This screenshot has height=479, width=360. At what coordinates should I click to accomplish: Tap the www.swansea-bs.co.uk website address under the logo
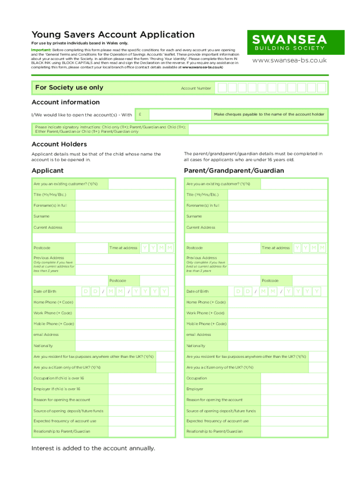pyautogui.click(x=289, y=61)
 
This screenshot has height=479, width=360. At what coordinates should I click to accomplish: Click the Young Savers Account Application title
pyautogui.click(x=113, y=35)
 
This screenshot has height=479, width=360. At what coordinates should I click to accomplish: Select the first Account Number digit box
pyautogui.click(x=222, y=87)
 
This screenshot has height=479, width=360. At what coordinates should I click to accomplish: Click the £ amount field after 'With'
pyautogui.click(x=173, y=115)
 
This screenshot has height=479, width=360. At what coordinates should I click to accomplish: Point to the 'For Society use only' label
pyautogui.click(x=69, y=87)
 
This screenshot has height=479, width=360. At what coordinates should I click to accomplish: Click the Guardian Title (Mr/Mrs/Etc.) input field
pyautogui.click(x=277, y=195)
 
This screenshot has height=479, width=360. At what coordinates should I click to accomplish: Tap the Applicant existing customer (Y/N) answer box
pyautogui.click(x=141, y=184)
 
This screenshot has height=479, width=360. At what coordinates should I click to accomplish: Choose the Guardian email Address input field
pyautogui.click(x=277, y=335)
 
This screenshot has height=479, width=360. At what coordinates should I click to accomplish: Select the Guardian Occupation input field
pyautogui.click(x=277, y=378)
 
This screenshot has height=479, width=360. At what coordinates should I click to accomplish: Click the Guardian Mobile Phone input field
pyautogui.click(x=277, y=324)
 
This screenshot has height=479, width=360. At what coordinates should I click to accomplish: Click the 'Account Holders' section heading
pyautogui.click(x=59, y=144)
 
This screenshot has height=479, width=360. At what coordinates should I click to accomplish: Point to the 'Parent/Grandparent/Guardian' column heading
pyautogui.click(x=234, y=171)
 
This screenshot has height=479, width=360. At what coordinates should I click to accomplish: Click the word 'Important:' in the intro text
pyautogui.click(x=41, y=50)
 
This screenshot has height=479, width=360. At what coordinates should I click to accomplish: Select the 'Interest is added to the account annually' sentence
pyautogui.click(x=93, y=448)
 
